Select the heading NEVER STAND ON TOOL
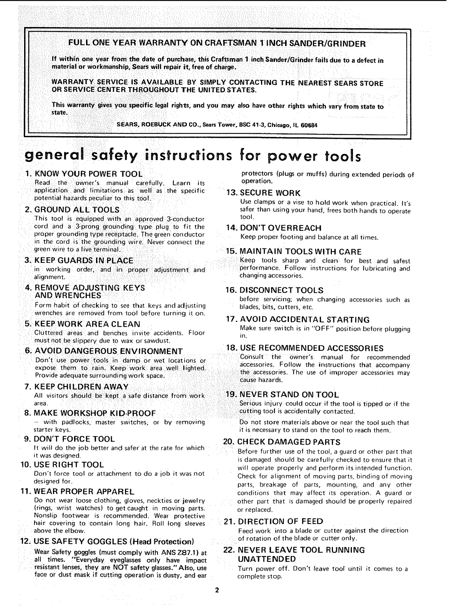[289, 394]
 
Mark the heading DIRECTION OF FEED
[280, 521]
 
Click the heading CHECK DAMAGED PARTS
[288, 442]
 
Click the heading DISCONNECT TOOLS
[281, 290]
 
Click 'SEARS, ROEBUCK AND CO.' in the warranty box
[159, 125]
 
